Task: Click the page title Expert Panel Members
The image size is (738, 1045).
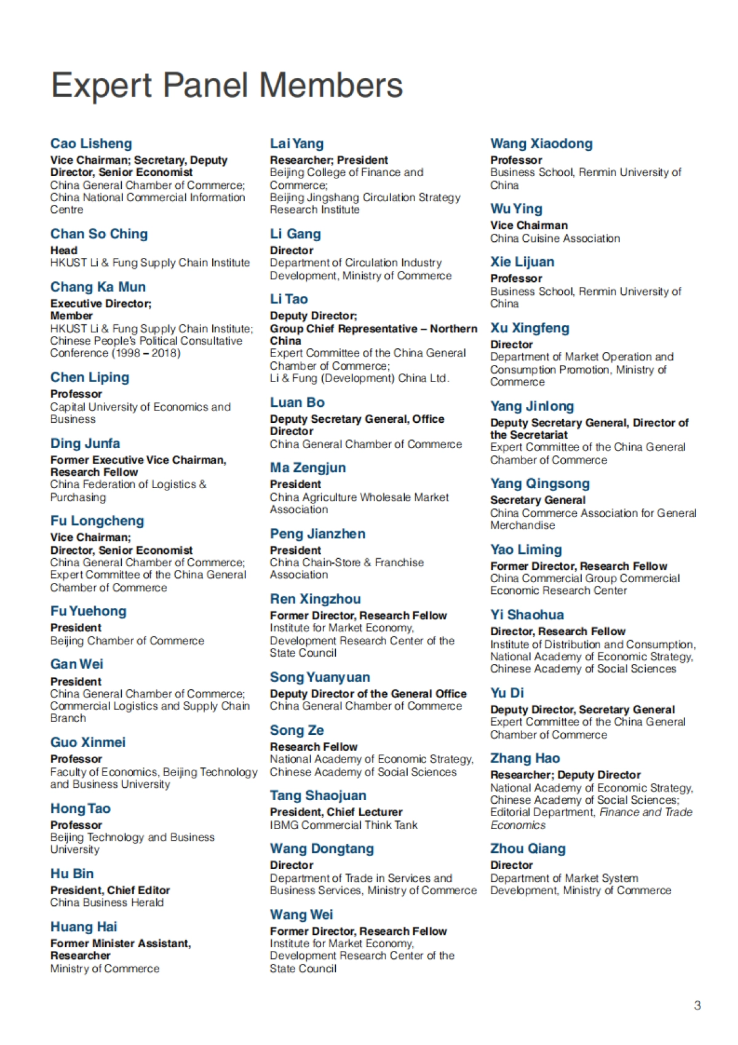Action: pos(226,86)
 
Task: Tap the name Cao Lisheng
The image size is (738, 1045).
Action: pos(91,144)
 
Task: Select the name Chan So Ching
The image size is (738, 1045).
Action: pos(99,234)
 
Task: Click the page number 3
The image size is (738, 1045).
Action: pos(697,1006)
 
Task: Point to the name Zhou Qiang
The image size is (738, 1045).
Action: pos(528,849)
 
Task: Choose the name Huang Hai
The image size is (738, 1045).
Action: pos(84,927)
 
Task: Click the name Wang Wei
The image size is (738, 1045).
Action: pos(301,915)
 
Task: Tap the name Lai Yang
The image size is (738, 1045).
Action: pos(296,144)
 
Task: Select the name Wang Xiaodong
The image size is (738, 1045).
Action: pos(541,144)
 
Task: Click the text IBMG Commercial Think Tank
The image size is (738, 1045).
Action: pos(343,825)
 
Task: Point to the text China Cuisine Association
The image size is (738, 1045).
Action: pos(555,239)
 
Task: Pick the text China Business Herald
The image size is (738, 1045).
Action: pos(107,903)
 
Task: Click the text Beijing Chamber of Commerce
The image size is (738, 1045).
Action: pos(127,641)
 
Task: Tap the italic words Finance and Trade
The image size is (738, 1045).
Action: pos(646,812)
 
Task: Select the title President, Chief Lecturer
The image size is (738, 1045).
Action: pos(336,812)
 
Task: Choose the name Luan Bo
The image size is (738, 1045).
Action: pos(297,403)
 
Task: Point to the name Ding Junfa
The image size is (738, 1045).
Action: pos(85,444)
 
